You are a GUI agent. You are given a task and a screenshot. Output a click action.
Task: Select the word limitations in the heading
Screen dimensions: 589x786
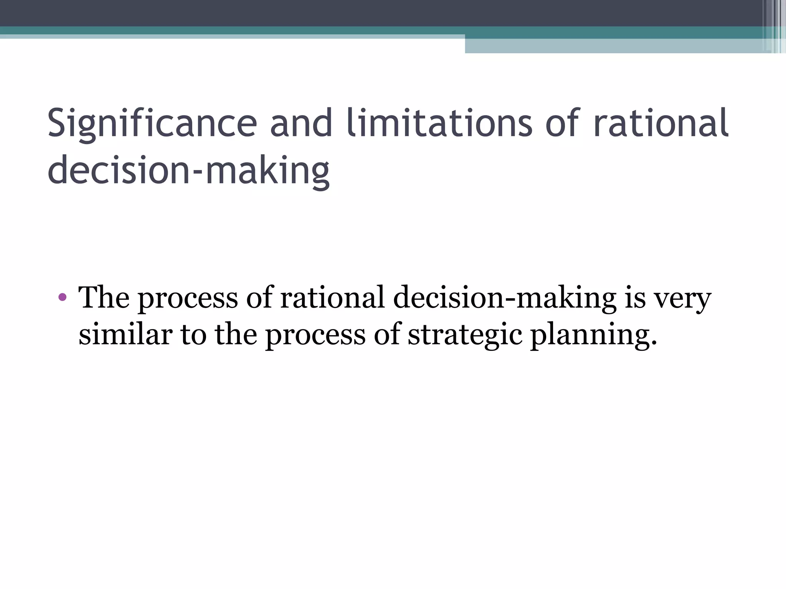click(x=439, y=123)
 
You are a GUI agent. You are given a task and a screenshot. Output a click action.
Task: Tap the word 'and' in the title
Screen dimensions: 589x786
click(x=301, y=123)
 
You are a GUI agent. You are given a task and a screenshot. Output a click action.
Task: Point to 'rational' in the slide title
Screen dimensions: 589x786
click(x=661, y=123)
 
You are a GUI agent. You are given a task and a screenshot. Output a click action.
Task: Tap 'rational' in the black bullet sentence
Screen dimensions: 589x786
click(x=332, y=297)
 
